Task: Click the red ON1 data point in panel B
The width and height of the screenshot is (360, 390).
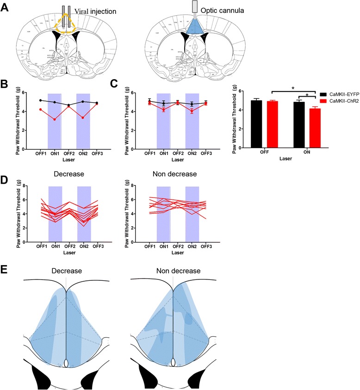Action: (x=55, y=132)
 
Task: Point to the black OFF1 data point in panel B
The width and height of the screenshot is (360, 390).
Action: (x=41, y=100)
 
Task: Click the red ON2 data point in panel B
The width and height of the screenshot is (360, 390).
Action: (x=83, y=130)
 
